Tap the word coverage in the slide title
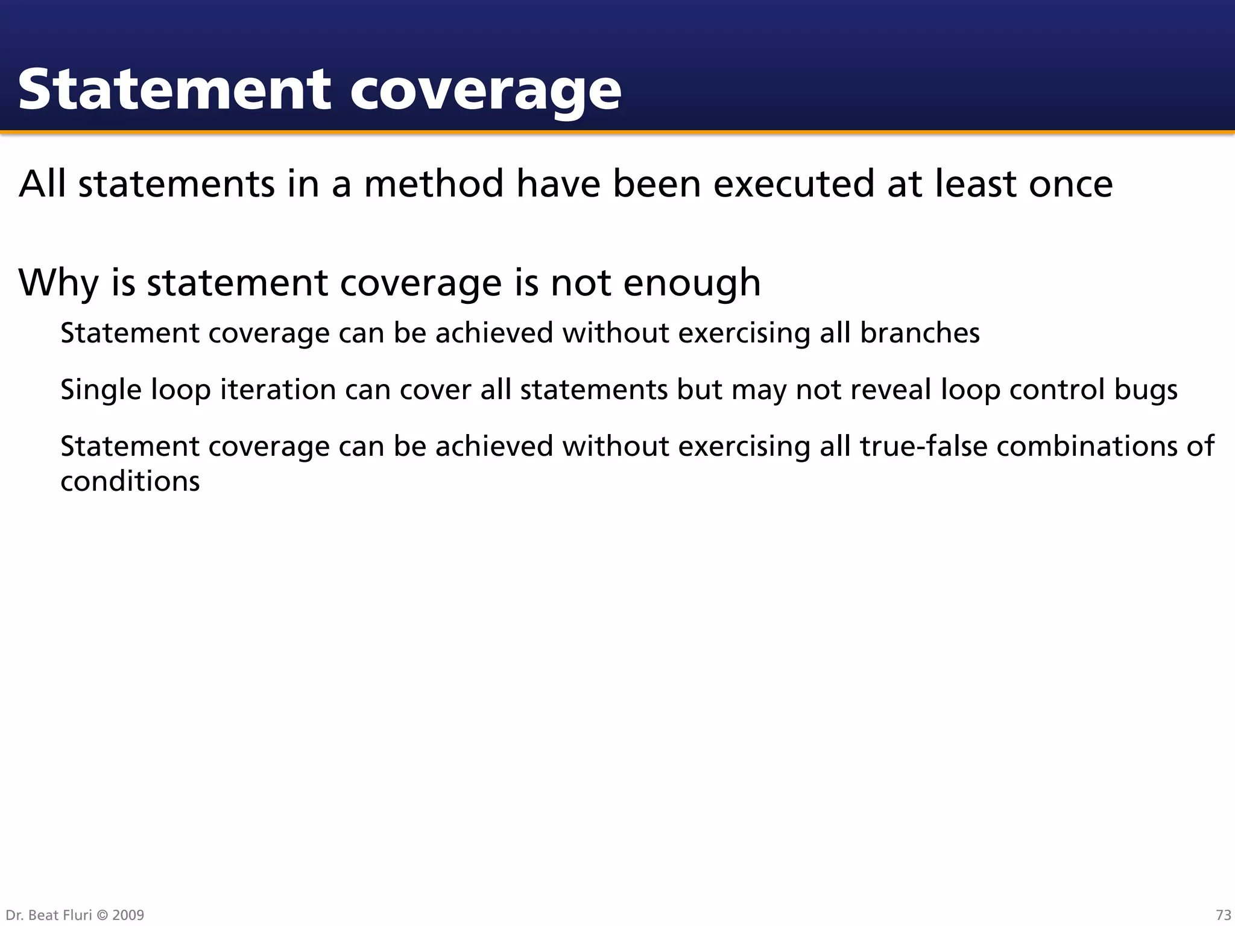tap(485, 92)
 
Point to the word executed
tap(794, 184)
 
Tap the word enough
tap(692, 283)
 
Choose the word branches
tap(920, 333)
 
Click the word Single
tap(101, 391)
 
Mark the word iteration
tap(278, 389)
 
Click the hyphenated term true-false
tap(923, 447)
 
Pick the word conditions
tap(130, 482)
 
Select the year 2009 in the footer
tap(128, 915)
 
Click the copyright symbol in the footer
tap(103, 915)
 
